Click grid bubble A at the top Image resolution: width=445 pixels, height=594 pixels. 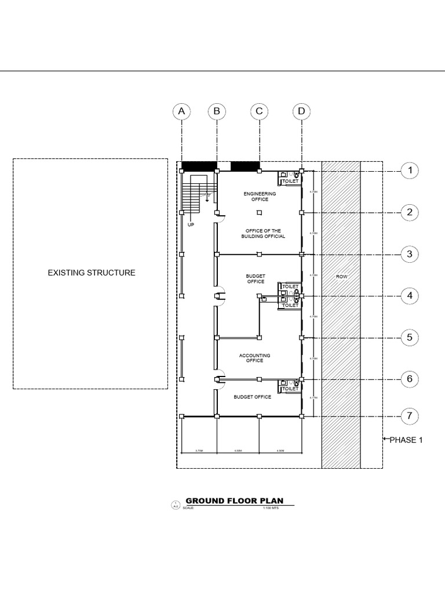pos(182,111)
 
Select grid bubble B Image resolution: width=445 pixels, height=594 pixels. pos(217,111)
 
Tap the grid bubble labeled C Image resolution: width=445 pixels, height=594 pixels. pos(260,111)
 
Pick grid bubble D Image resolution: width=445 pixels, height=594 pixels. pos(301,111)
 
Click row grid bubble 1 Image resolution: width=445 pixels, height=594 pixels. pos(410,171)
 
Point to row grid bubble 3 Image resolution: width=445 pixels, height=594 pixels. pos(410,254)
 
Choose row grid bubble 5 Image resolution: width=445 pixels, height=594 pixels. pos(410,338)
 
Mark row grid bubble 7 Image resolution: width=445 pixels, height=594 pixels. pos(410,416)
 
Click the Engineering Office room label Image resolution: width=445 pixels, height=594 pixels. pos(260,196)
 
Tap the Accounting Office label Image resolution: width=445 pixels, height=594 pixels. pos(255,358)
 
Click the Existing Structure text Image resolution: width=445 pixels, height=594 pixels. pos(92,272)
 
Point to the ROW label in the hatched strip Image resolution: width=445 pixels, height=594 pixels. pos(342,277)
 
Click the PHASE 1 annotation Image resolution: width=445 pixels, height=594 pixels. pos(406,440)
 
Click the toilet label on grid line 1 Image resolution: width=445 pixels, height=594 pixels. pos(290,181)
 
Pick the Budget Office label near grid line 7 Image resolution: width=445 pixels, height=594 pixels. pos(253,397)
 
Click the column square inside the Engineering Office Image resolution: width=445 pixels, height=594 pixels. pos(260,212)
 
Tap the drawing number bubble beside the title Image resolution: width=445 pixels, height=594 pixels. pos(174,505)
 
